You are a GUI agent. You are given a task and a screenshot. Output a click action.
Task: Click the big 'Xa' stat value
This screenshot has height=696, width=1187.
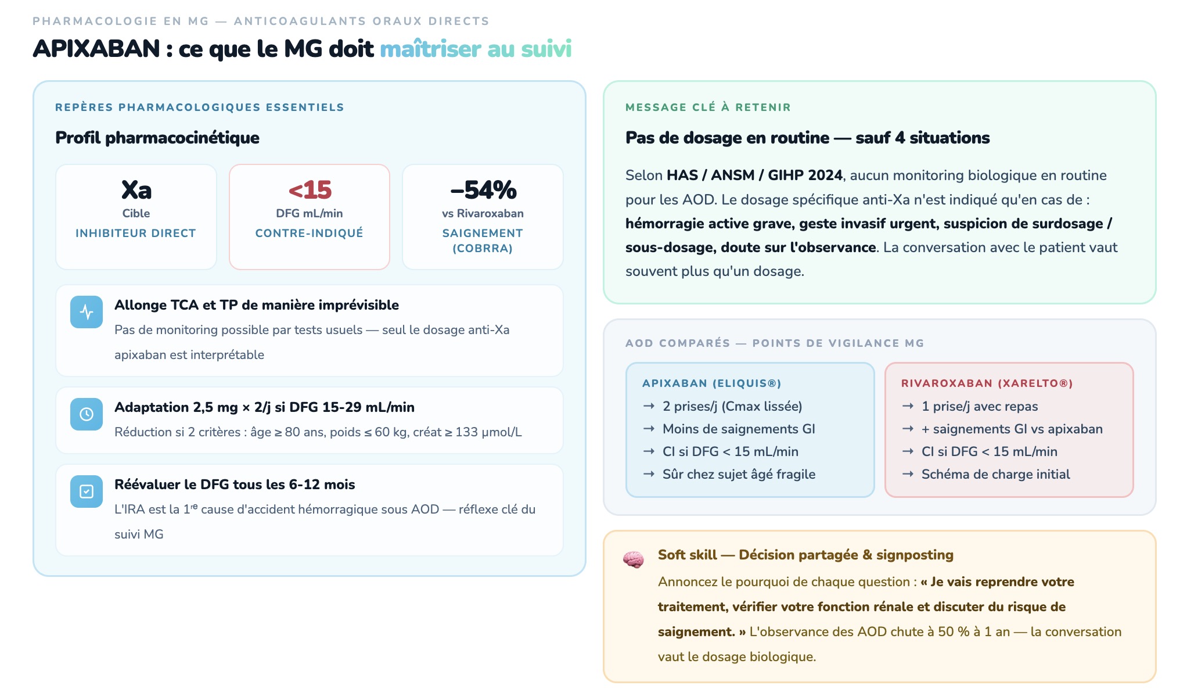click(x=136, y=190)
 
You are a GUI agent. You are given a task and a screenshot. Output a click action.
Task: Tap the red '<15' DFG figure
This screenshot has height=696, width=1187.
click(x=310, y=190)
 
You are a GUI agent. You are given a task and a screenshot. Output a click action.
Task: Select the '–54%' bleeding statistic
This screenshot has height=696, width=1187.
click(x=483, y=190)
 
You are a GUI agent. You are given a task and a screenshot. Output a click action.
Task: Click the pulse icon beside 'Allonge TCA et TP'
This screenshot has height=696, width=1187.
click(x=87, y=312)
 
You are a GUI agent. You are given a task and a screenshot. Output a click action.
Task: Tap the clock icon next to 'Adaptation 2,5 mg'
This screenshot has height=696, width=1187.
click(x=87, y=414)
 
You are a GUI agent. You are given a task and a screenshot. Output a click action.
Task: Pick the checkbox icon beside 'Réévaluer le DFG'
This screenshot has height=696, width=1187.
click(x=87, y=491)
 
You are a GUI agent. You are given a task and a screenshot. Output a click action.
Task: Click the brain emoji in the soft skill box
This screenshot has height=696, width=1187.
click(x=633, y=559)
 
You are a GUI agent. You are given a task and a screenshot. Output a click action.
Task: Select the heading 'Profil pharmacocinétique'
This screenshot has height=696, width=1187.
click(x=157, y=138)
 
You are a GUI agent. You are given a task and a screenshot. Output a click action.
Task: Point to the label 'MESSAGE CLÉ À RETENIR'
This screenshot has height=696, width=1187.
click(x=708, y=107)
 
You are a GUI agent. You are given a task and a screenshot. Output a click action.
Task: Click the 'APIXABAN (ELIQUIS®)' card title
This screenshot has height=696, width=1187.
click(x=711, y=383)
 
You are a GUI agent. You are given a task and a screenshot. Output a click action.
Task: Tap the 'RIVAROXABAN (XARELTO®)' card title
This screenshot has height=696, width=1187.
click(x=987, y=383)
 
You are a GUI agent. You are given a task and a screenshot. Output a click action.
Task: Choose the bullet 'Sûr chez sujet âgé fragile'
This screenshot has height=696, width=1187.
click(x=739, y=474)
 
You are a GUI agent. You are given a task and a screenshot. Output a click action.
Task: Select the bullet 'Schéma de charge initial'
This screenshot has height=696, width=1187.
click(x=995, y=474)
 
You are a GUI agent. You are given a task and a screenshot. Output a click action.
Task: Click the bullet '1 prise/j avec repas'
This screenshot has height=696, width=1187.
click(x=979, y=406)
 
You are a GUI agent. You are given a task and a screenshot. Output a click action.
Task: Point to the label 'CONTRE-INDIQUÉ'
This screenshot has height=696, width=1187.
click(x=310, y=233)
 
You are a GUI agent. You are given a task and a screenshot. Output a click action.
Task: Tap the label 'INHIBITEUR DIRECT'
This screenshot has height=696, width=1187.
click(x=136, y=233)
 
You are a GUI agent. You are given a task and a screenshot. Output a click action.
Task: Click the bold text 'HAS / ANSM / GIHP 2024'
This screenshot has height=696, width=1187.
click(x=754, y=175)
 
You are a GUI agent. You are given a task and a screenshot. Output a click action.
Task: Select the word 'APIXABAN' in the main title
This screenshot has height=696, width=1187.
click(x=96, y=49)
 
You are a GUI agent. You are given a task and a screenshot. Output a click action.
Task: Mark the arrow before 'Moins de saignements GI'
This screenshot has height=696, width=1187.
click(x=649, y=429)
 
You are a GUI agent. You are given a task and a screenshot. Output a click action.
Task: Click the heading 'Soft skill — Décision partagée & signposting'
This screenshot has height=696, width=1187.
click(x=805, y=555)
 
